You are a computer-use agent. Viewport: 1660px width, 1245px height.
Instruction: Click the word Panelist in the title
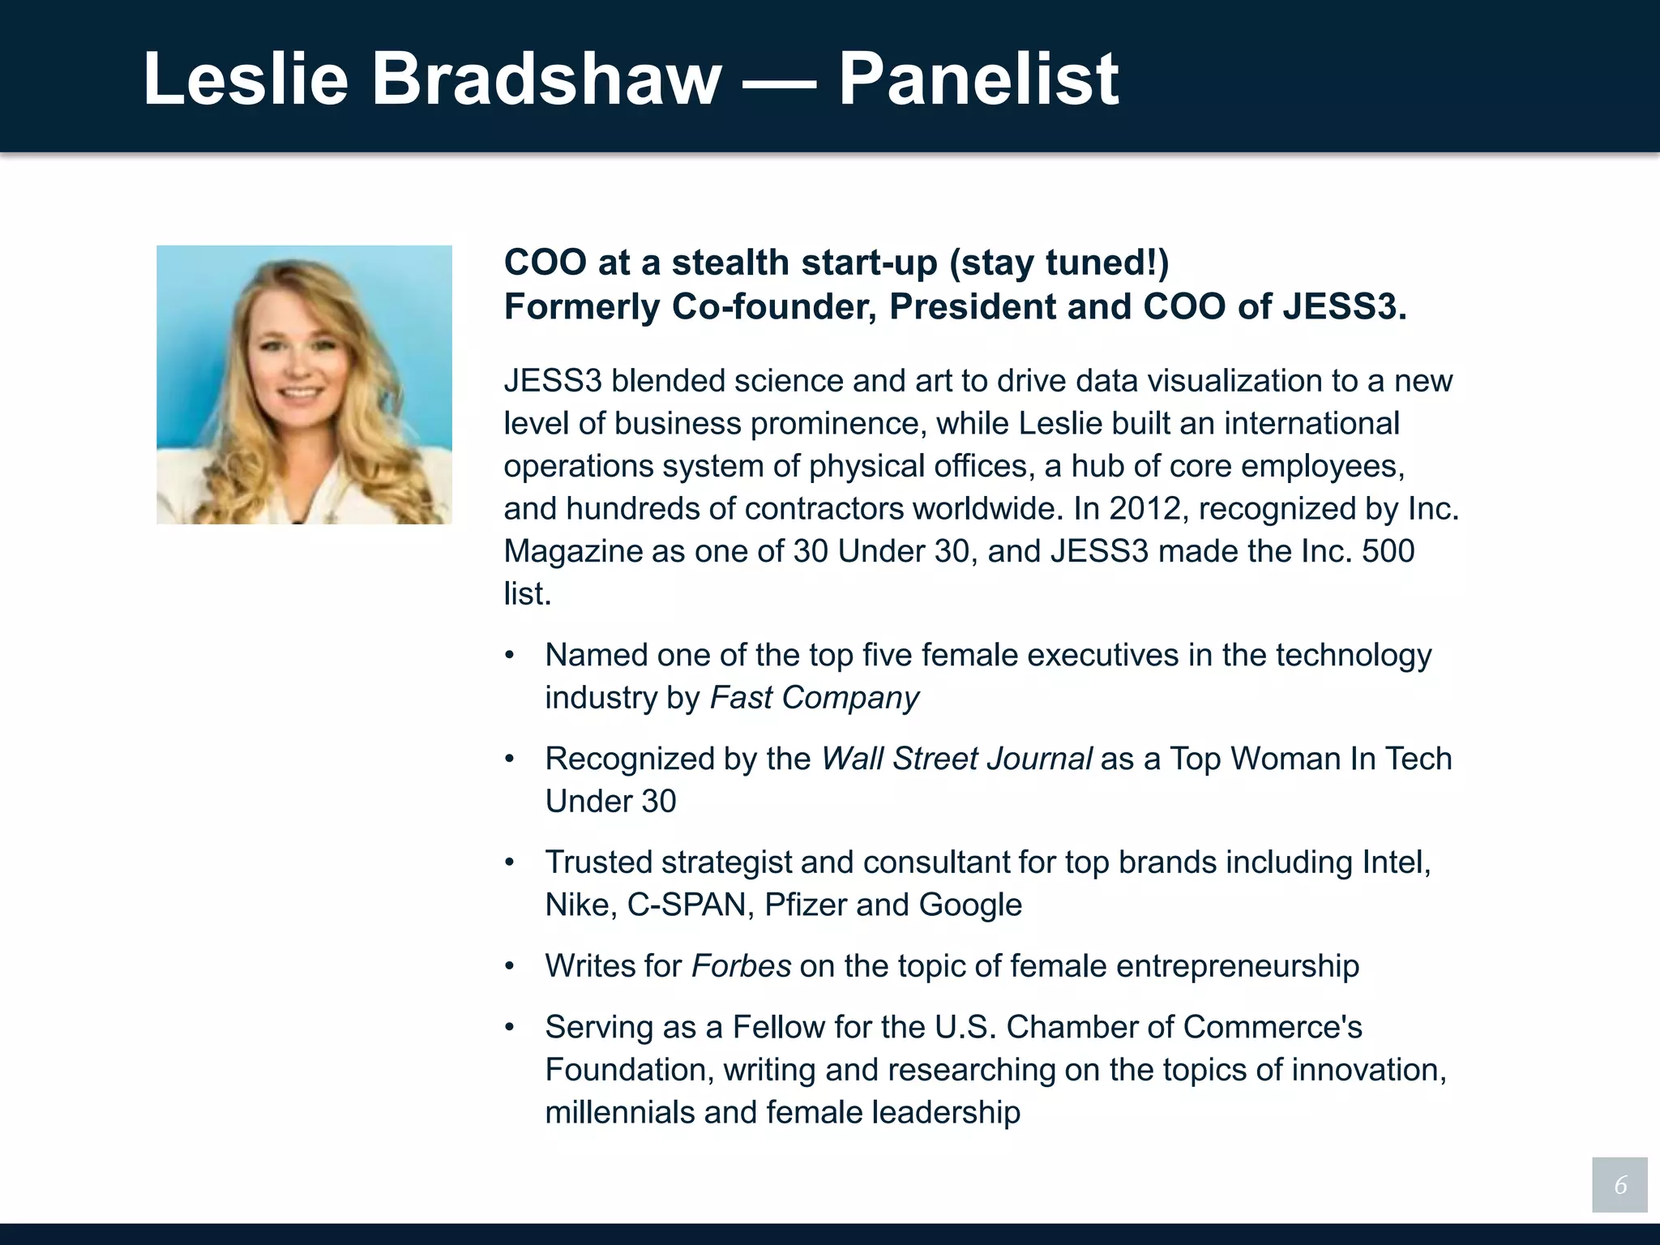coord(978,79)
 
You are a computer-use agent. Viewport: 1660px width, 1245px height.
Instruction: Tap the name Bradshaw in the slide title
coord(545,79)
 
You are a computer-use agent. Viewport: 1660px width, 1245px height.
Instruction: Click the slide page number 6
coord(1619,1185)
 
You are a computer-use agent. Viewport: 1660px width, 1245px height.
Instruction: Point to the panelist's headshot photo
coord(304,384)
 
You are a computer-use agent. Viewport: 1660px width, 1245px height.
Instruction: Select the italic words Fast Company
coord(814,698)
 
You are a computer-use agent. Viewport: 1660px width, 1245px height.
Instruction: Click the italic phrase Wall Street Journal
coord(956,759)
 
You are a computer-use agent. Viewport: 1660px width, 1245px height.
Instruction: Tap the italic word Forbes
coord(741,966)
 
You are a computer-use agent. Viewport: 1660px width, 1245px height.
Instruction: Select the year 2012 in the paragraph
coord(1144,509)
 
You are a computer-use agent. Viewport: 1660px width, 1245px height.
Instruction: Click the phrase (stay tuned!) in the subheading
coord(1059,263)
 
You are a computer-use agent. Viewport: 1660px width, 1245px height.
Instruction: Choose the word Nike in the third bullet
coord(577,905)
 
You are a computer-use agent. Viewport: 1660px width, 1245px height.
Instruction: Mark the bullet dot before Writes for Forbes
coord(509,966)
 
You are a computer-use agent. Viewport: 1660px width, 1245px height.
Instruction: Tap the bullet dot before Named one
coord(509,656)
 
